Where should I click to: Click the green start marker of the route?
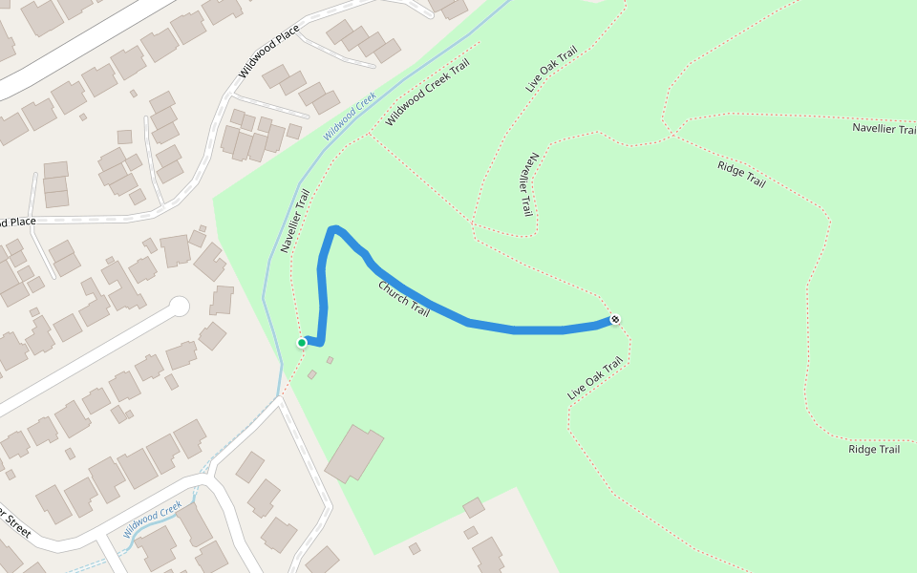tap(302, 342)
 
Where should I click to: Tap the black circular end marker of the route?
tap(615, 319)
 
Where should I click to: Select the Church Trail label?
tap(404, 299)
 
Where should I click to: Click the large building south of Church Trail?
tap(353, 454)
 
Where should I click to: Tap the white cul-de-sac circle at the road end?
tap(179, 307)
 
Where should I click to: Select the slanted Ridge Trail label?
tap(741, 175)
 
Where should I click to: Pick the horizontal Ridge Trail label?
tap(874, 449)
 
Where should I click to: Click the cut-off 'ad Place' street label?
tap(17, 223)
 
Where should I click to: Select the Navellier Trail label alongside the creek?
tap(296, 221)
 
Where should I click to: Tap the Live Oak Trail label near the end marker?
tap(595, 378)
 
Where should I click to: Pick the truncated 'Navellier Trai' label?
tap(884, 129)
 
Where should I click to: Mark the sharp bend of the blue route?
tap(333, 229)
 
